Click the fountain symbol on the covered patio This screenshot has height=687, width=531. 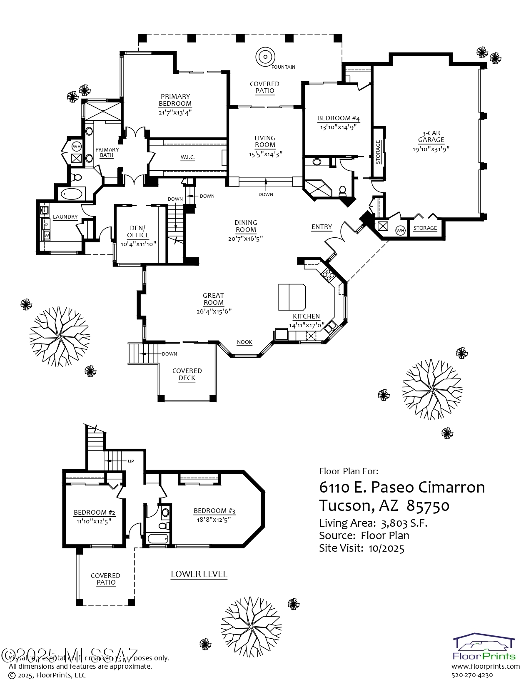point(265,56)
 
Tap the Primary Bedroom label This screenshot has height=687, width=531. point(175,100)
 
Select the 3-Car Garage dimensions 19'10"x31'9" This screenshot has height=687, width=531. point(431,149)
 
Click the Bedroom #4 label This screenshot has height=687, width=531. point(338,119)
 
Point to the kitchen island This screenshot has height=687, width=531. point(292,296)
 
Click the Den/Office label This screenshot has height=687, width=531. point(138,231)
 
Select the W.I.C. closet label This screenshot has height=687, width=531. point(188,157)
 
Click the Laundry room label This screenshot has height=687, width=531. point(65,217)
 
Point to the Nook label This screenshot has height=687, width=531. point(244,342)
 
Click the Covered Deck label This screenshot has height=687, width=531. point(187,374)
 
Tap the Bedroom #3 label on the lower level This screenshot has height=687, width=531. point(214,511)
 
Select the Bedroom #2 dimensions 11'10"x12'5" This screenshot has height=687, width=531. point(94,521)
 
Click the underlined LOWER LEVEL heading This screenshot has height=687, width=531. point(199,574)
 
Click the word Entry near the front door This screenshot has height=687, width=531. point(322,227)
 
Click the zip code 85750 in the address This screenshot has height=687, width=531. point(428,505)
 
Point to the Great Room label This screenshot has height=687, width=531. point(213,299)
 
